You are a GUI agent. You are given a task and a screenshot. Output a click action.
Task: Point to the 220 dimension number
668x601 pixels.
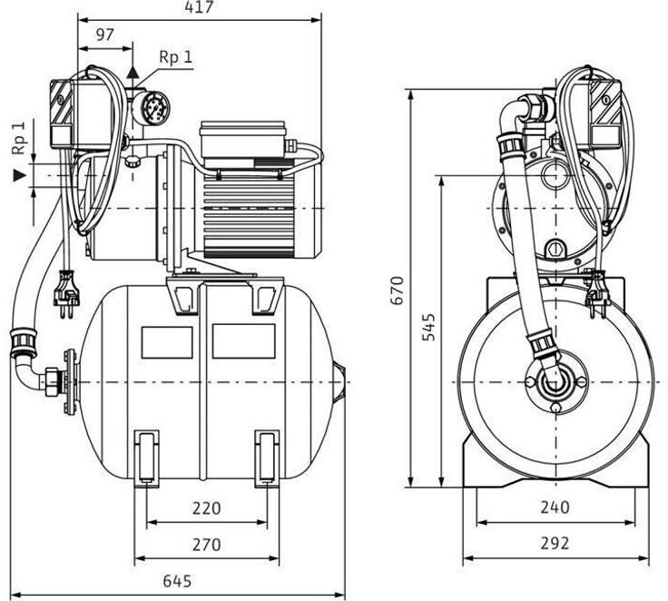(x=206, y=508)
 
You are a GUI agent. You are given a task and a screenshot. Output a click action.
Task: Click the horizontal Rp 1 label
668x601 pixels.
(x=175, y=56)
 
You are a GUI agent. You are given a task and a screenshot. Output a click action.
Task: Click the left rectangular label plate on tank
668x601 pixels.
(x=168, y=340)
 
